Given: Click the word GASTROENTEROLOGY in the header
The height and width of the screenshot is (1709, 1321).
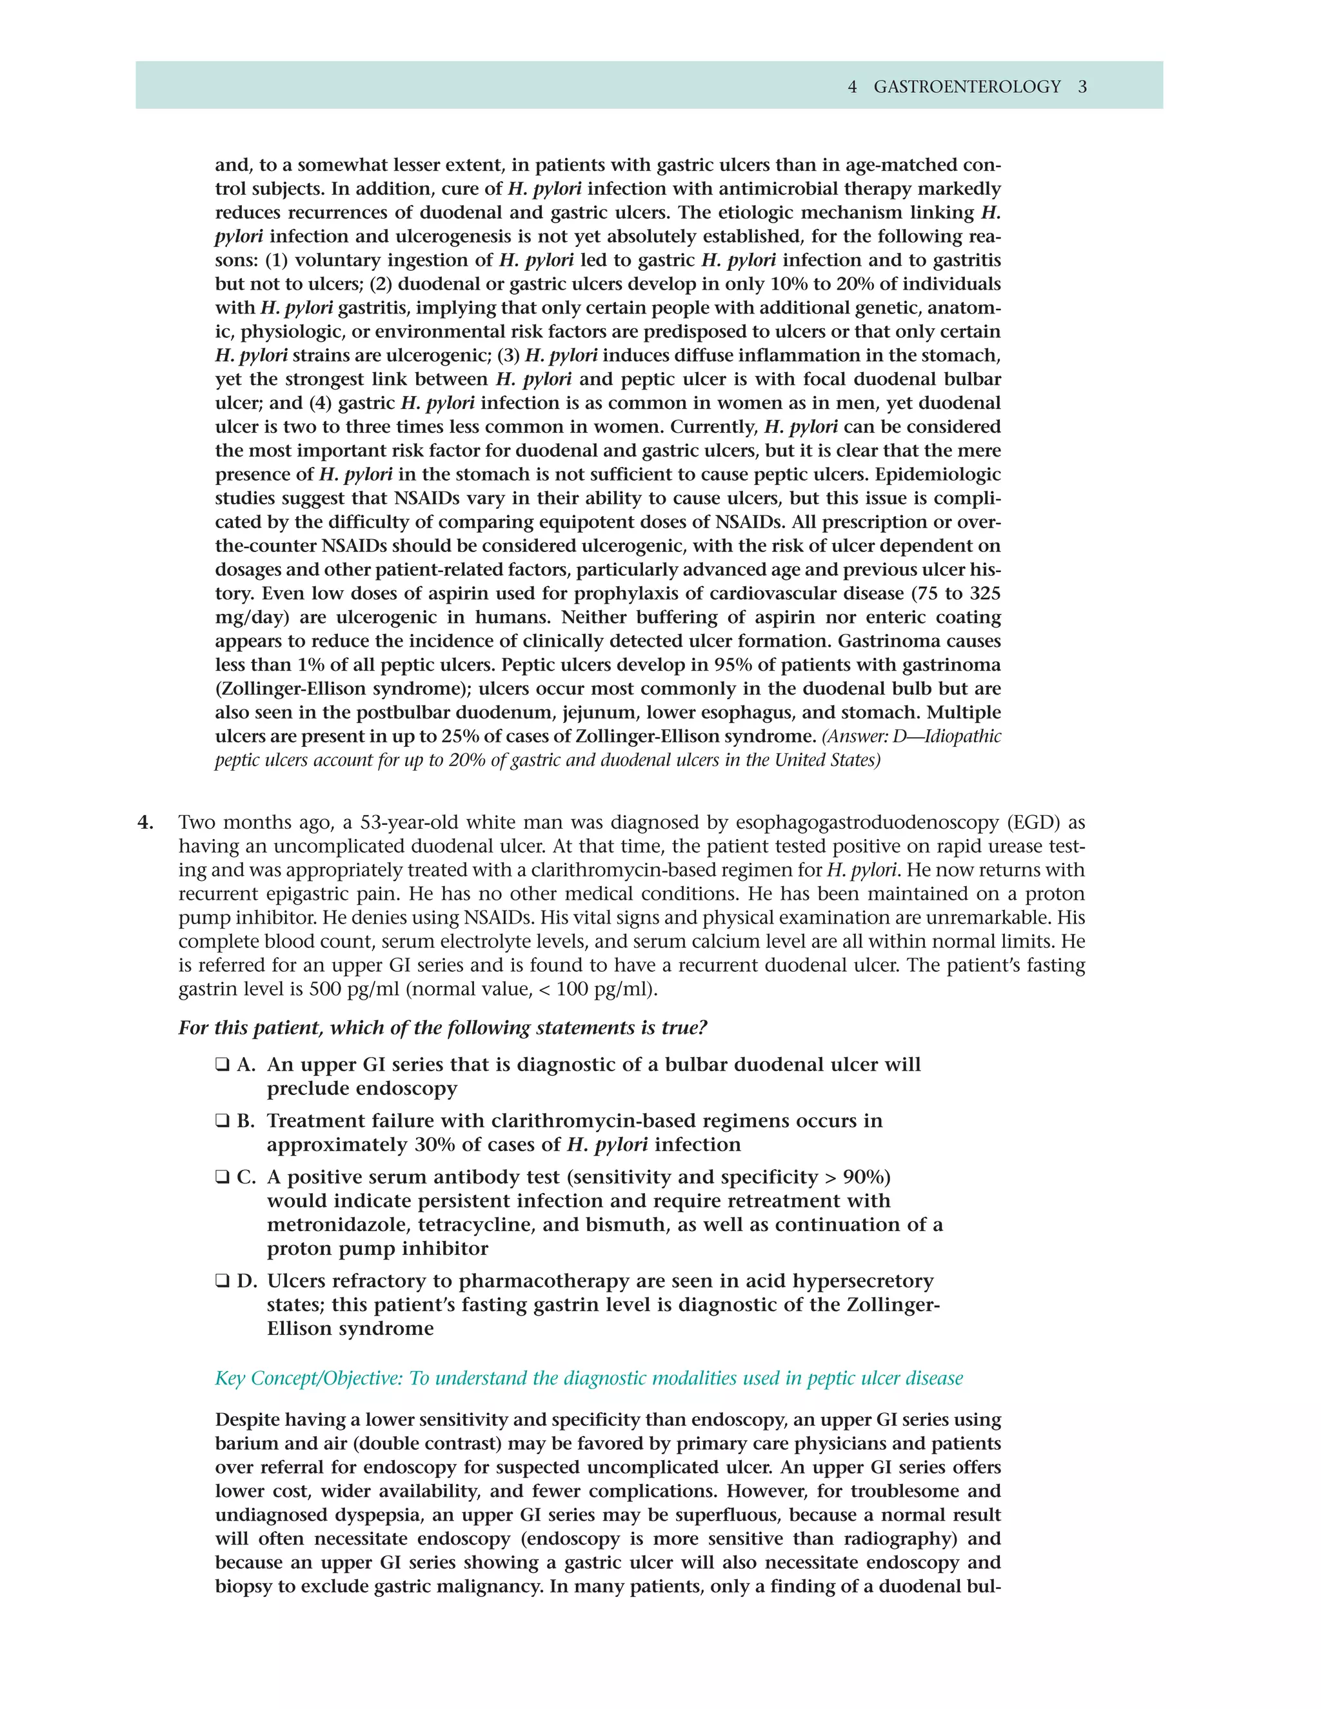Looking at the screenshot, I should pyautogui.click(x=966, y=87).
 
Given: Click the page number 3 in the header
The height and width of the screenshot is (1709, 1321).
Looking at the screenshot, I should pyautogui.click(x=1082, y=87).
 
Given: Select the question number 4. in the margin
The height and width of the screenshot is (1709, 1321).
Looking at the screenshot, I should pyautogui.click(x=146, y=822).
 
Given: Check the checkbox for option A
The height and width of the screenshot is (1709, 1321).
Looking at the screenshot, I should pyautogui.click(x=223, y=1065).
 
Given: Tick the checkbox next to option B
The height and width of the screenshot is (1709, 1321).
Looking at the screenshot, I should pyautogui.click(x=223, y=1121).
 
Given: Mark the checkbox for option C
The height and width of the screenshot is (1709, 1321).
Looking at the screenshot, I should pyautogui.click(x=223, y=1178).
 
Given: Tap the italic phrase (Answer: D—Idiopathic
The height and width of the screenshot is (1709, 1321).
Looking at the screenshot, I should pyautogui.click(x=911, y=736).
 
